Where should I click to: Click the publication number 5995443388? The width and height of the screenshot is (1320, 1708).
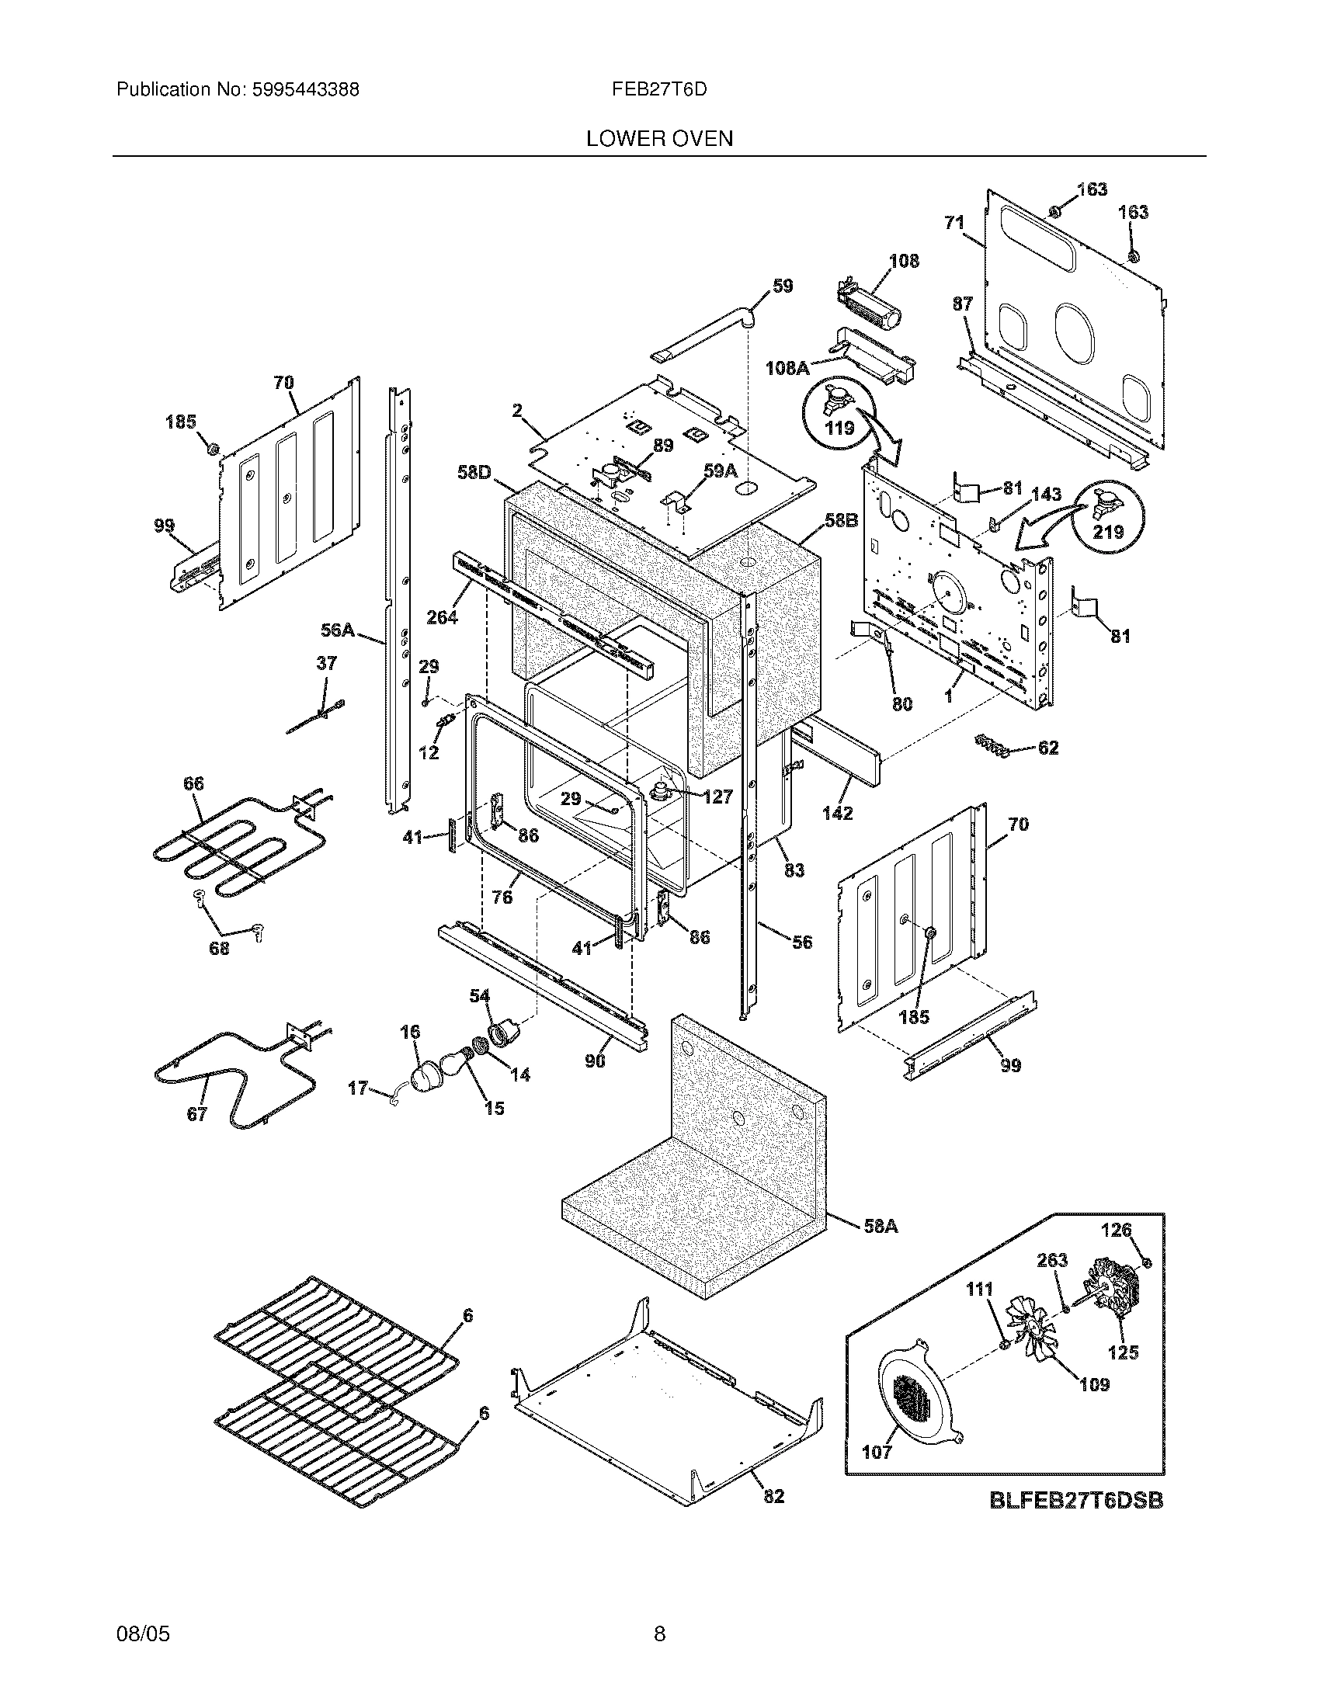[x=304, y=89]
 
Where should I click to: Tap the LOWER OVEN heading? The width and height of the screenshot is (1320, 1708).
[x=659, y=139]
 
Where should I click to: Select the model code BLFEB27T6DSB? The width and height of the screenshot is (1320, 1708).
[x=1076, y=1500]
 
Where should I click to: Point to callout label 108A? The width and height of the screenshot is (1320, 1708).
[x=787, y=366]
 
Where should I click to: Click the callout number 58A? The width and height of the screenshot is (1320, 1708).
[x=880, y=1227]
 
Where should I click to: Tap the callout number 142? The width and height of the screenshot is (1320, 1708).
[x=837, y=813]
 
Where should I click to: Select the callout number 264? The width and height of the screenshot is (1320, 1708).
[x=441, y=617]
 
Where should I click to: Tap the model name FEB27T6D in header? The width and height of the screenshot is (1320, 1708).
[x=659, y=89]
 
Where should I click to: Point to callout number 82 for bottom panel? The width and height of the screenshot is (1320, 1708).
[x=773, y=1496]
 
